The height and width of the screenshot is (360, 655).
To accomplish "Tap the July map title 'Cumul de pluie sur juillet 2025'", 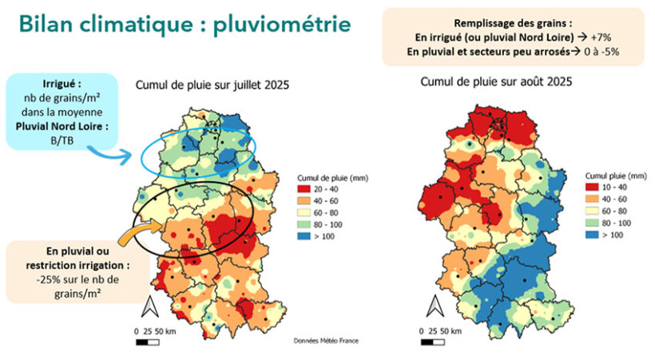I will pyautogui.click(x=212, y=85).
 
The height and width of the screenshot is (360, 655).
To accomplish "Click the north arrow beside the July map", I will pyautogui.click(x=148, y=306).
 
